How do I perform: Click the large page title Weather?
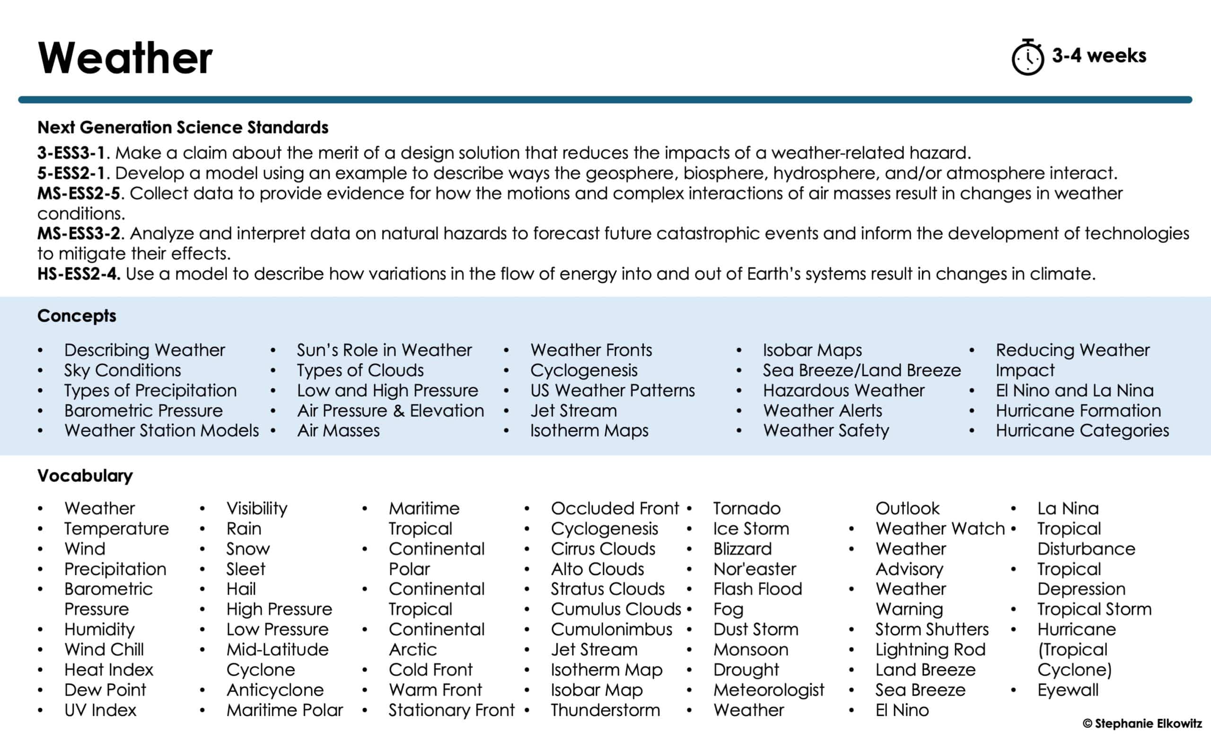125,58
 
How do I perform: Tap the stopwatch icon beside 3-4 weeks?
1027,58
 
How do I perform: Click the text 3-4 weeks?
1099,55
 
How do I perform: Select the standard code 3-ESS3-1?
71,153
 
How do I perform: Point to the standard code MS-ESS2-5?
79,193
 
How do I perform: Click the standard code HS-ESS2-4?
79,274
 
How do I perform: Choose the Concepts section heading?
77,315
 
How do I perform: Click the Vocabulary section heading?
85,476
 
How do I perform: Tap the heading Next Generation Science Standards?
183,127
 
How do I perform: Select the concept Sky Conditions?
123,370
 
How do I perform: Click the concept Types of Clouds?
360,370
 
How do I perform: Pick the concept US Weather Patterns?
613,390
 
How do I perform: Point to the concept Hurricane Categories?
1082,430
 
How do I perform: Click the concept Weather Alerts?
822,410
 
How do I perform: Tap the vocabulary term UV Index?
100,710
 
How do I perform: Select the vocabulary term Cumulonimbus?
611,630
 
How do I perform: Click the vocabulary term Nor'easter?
755,569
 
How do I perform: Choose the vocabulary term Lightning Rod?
930,649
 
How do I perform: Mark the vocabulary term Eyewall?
1068,690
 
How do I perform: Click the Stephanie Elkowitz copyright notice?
1142,723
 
